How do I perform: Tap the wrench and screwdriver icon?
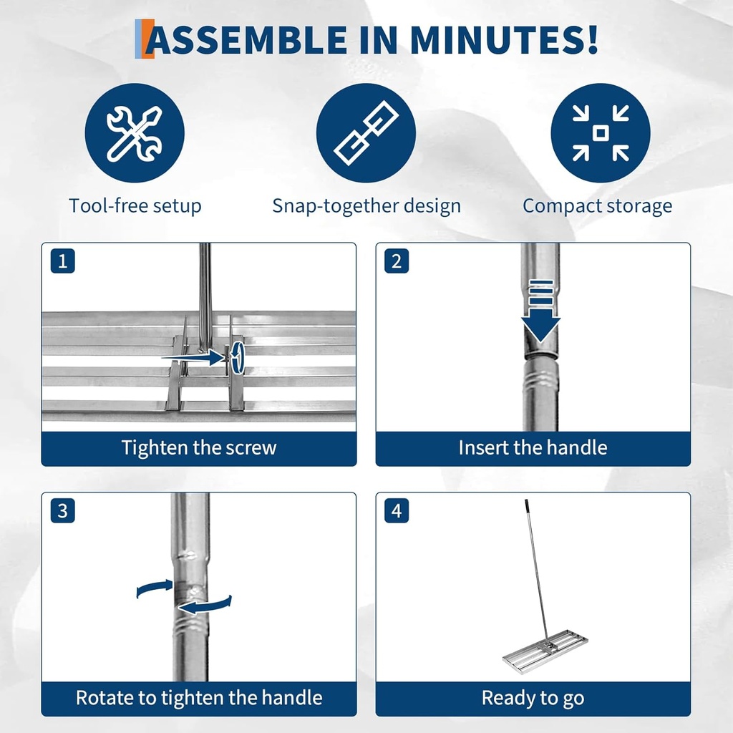135,133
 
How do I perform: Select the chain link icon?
366,133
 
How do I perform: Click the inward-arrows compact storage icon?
600,133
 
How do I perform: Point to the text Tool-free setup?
135,206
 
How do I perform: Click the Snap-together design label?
366,206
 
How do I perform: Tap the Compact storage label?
597,206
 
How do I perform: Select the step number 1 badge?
62,261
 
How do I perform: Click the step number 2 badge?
397,261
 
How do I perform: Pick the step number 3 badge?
62,511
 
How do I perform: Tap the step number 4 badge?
397,511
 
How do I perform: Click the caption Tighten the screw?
198,448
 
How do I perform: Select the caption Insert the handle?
533,448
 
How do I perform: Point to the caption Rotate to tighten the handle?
198,698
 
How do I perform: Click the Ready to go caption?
533,698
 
